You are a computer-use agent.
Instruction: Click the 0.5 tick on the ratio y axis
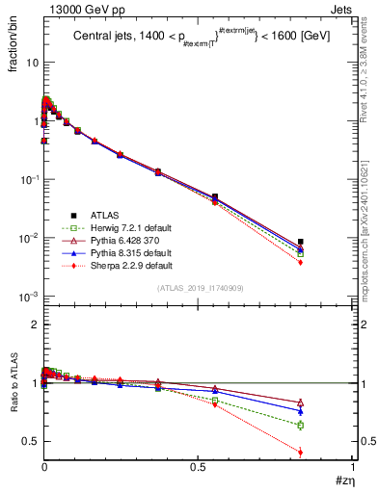29,441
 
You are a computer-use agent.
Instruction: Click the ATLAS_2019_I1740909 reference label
199,288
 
